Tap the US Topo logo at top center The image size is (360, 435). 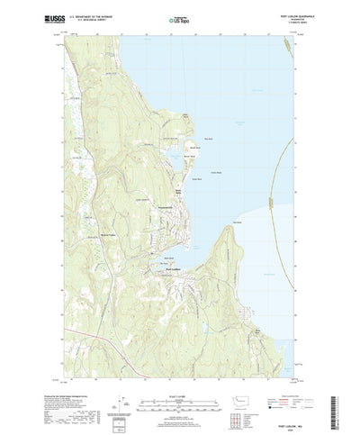pyautogui.click(x=180, y=18)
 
